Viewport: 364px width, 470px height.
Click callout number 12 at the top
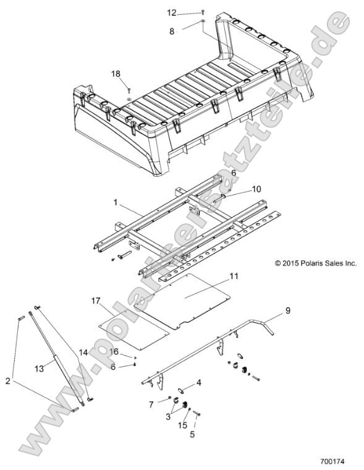pos(172,12)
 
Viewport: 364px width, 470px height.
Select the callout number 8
pos(171,29)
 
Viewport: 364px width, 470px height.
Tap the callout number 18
pos(116,73)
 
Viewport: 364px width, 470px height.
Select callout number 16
pos(113,351)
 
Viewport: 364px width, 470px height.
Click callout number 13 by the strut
pos(38,369)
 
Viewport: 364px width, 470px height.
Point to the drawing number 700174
pos(332,461)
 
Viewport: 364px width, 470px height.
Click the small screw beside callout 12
pos(202,12)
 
